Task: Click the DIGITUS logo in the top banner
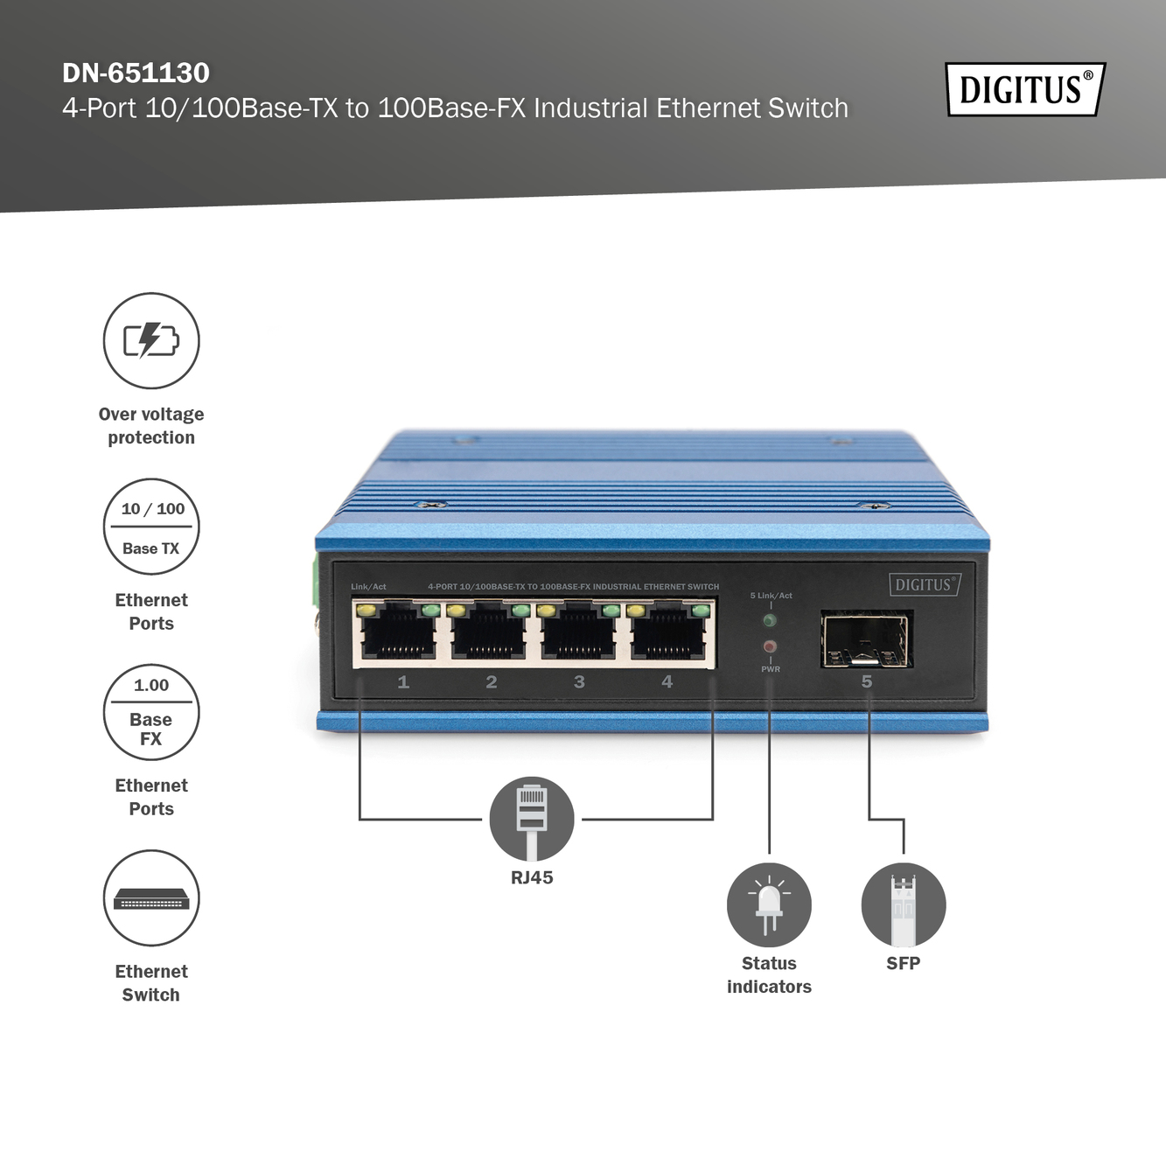(x=1025, y=89)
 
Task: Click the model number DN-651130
(x=136, y=73)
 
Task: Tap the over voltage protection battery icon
(x=151, y=340)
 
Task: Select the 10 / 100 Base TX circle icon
(x=151, y=527)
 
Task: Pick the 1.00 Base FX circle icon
(x=151, y=712)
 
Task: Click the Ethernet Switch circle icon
(x=151, y=898)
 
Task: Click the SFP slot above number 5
(x=866, y=639)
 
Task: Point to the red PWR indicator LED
(x=770, y=647)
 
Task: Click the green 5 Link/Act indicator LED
(x=770, y=620)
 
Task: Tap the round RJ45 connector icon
(x=532, y=819)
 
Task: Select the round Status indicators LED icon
(x=769, y=905)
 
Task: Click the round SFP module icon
(x=904, y=905)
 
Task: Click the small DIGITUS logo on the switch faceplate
(x=925, y=585)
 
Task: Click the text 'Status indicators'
(x=769, y=974)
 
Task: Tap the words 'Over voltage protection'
(x=151, y=426)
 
